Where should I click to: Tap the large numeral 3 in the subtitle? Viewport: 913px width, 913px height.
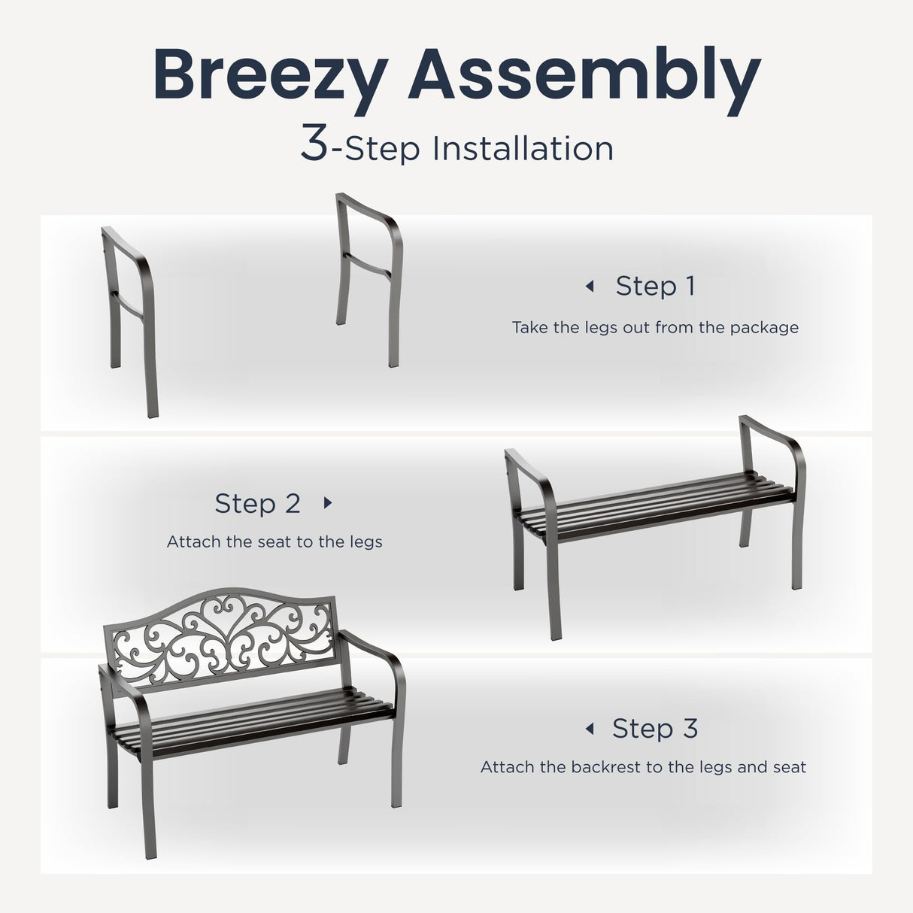pos(314,142)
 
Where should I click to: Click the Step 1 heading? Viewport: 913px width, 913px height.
pos(655,287)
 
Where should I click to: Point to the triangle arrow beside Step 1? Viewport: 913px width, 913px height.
pos(590,287)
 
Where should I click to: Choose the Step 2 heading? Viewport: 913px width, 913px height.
pos(257,503)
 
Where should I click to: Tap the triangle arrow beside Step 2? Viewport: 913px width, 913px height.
pos(328,502)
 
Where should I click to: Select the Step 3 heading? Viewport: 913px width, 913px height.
pos(655,729)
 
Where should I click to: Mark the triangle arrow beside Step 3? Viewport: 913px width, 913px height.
pos(590,729)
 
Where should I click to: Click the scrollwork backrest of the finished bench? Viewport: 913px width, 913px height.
pos(220,639)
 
